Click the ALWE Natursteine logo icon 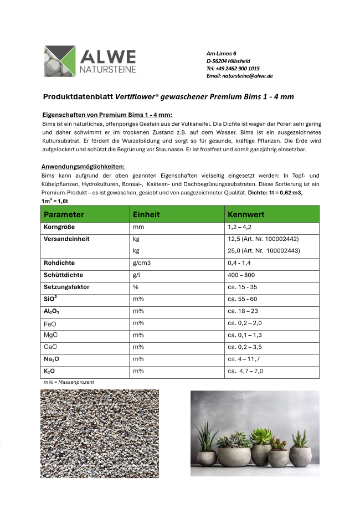(60, 61)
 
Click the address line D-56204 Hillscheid (232, 60)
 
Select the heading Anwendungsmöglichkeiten (83, 167)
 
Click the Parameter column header (64, 214)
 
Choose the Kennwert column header (246, 214)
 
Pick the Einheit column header (146, 214)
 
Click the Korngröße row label (59, 228)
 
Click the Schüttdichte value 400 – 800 (241, 275)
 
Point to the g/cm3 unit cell (142, 263)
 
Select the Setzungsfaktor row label (66, 287)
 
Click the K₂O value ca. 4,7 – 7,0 (245, 371)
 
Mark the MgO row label (50, 335)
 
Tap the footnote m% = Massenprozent (69, 382)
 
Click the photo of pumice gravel (99, 433)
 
